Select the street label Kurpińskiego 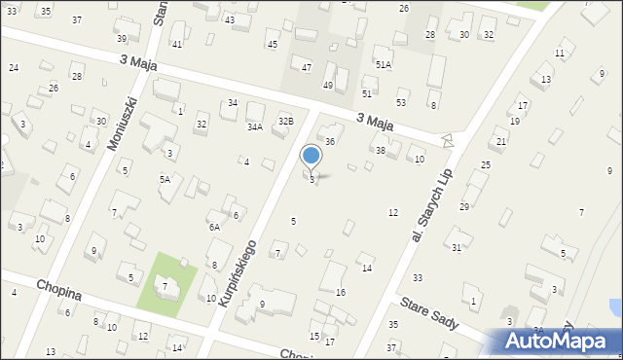(238, 275)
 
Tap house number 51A (384, 65)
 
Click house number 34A (255, 126)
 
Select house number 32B (285, 121)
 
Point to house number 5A (165, 179)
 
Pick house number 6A (213, 227)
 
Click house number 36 (330, 142)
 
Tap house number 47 (307, 67)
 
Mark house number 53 (401, 102)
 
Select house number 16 (341, 292)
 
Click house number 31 (457, 247)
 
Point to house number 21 (501, 142)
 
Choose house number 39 (122, 39)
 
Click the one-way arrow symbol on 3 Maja (448, 141)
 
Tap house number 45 (272, 45)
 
